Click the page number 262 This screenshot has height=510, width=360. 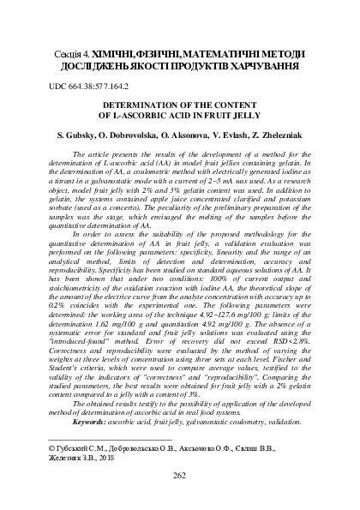(180, 476)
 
